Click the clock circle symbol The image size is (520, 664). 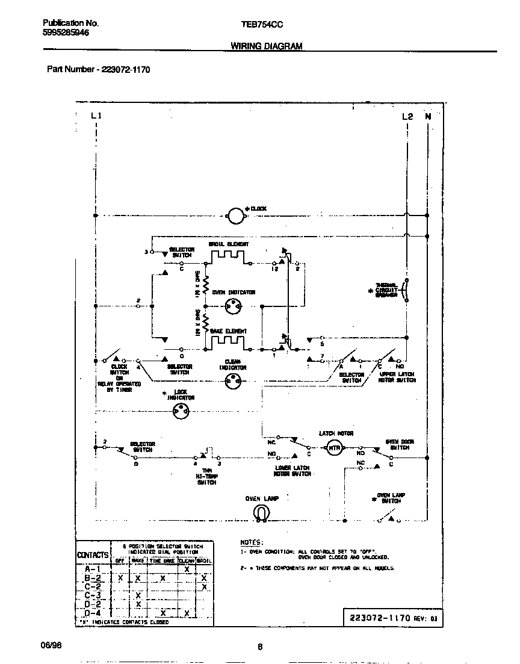click(235, 214)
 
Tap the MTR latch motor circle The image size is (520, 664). click(334, 448)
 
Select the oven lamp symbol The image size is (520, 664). click(260, 512)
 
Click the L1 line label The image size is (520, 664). click(96, 116)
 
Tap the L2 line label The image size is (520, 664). click(407, 116)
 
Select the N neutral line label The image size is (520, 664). click(428, 116)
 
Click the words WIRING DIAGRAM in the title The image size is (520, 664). click(267, 46)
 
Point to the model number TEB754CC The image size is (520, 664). click(262, 24)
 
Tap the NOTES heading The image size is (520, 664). click(252, 542)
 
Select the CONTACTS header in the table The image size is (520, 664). click(93, 554)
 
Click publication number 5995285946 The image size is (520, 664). click(66, 34)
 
